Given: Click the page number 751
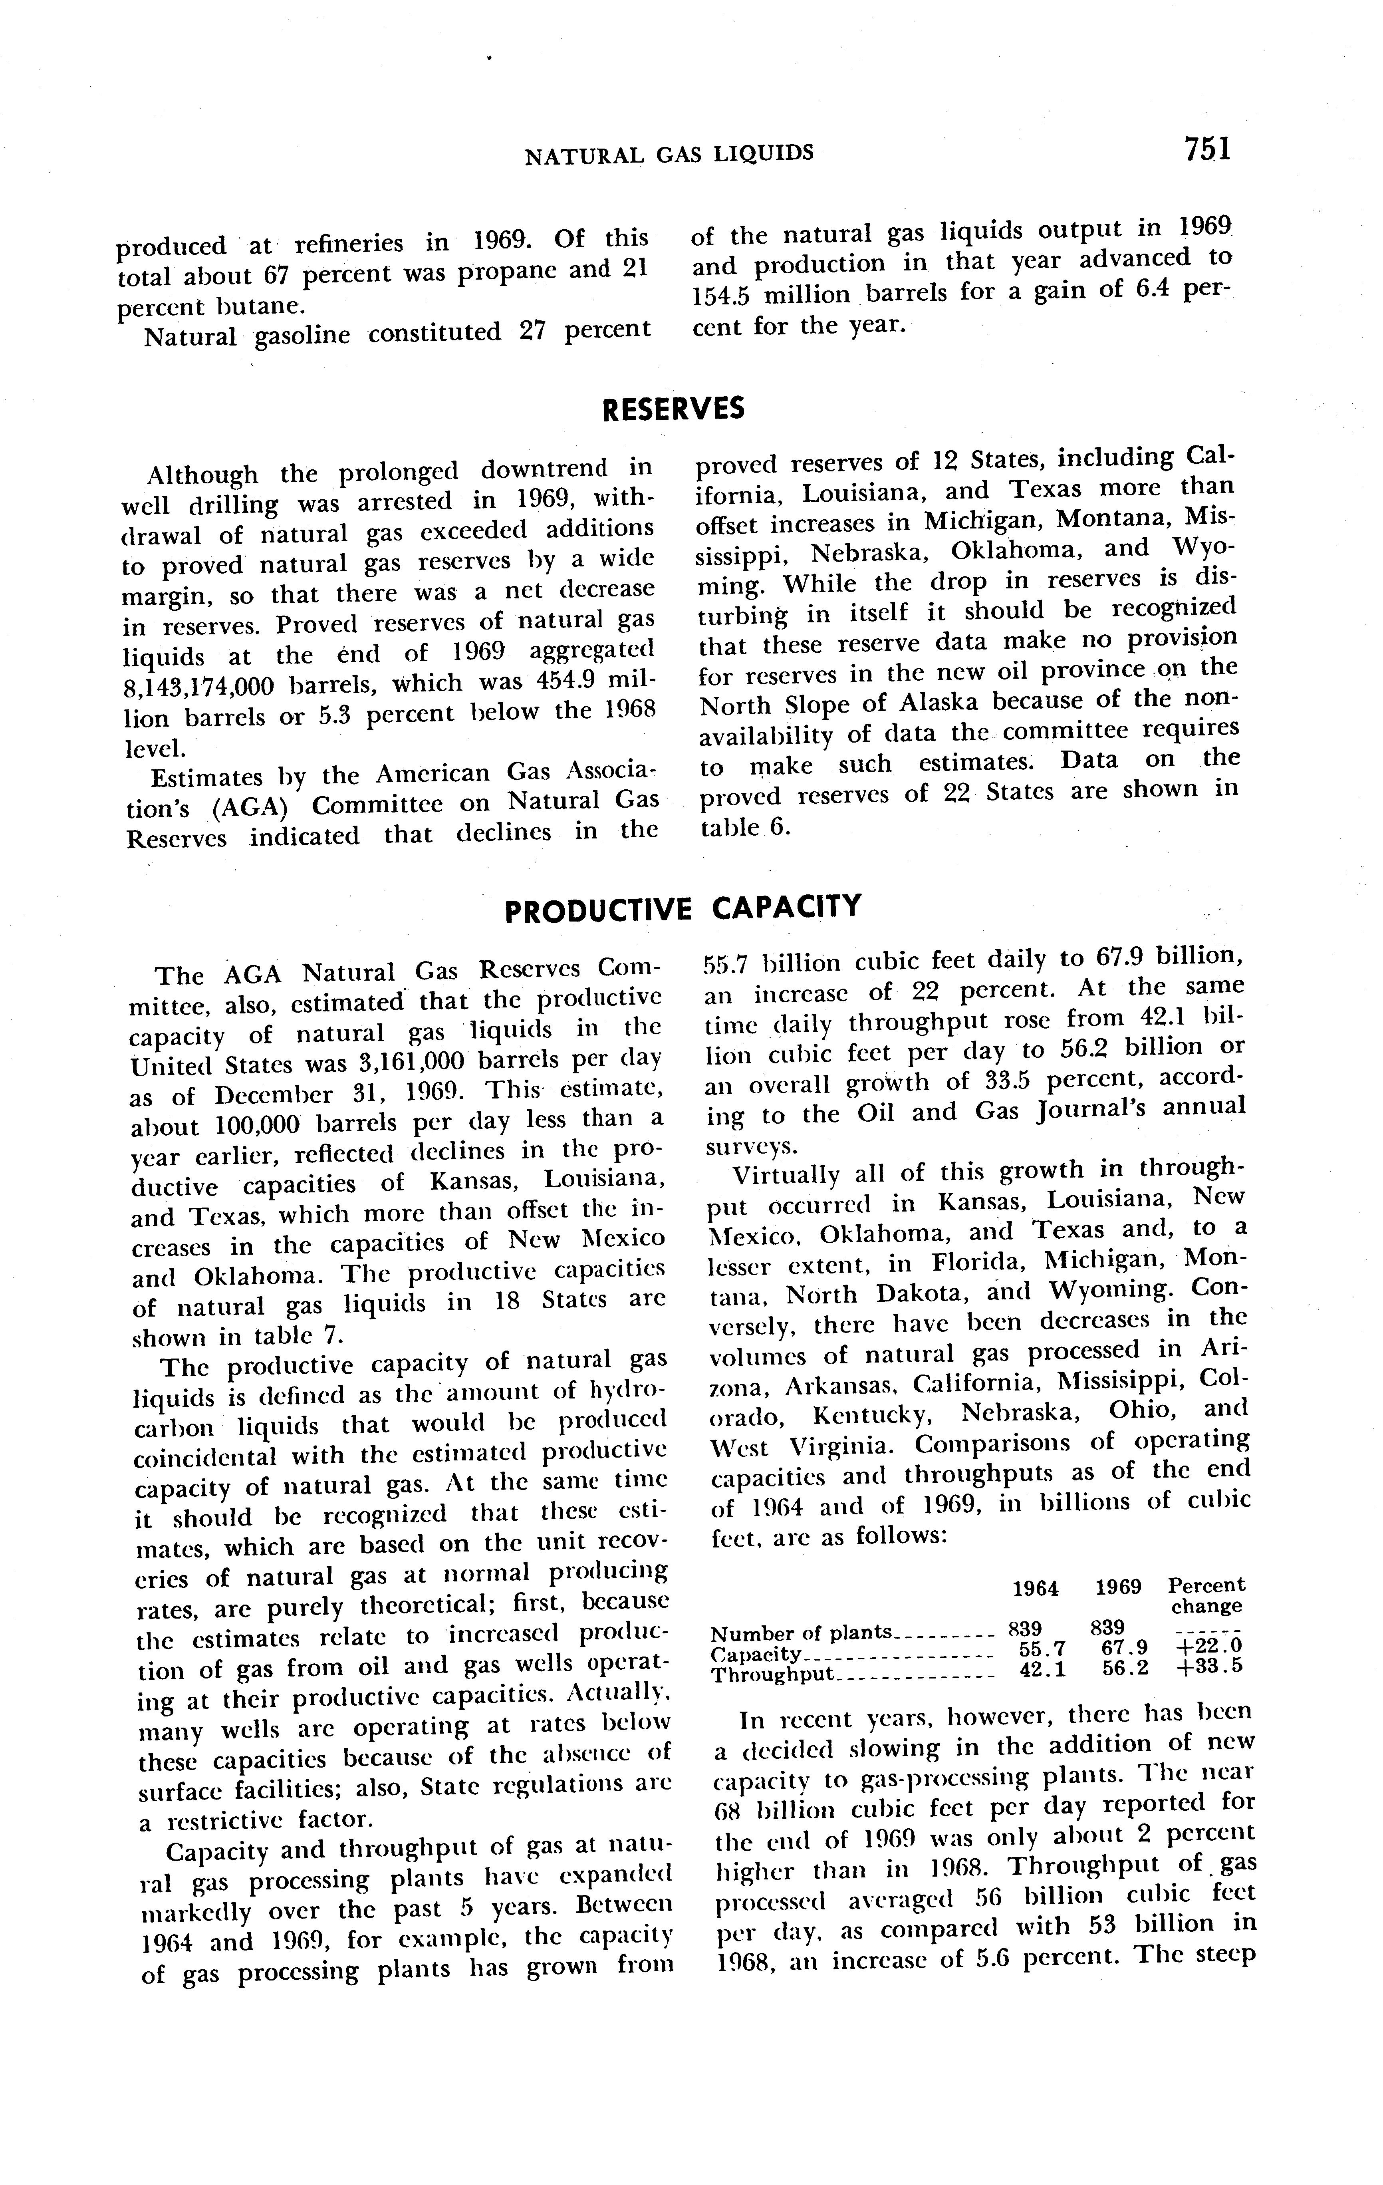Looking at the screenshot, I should pos(1206,148).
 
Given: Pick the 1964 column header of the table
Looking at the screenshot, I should pos(1034,1588).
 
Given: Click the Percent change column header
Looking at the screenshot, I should pos(1205,1597).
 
